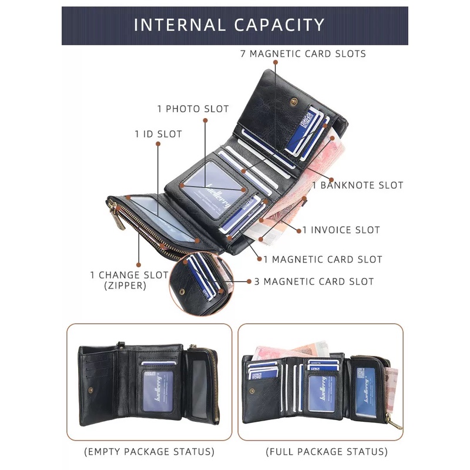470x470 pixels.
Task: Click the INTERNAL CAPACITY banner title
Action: (x=229, y=25)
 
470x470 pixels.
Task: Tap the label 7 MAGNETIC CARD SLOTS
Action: (x=303, y=54)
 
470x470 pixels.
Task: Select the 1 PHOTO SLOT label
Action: (x=193, y=109)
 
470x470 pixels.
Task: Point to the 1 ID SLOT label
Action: (x=158, y=134)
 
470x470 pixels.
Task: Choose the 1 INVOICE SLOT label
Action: (x=341, y=230)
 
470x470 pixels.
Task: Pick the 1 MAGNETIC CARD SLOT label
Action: (x=323, y=259)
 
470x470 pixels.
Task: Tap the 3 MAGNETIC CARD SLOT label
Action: (x=314, y=281)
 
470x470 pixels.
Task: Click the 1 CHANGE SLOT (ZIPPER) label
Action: (x=129, y=280)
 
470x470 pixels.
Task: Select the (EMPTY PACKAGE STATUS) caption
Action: (x=149, y=452)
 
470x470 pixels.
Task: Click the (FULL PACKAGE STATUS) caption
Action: (x=327, y=452)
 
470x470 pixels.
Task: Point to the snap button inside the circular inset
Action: (x=182, y=291)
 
